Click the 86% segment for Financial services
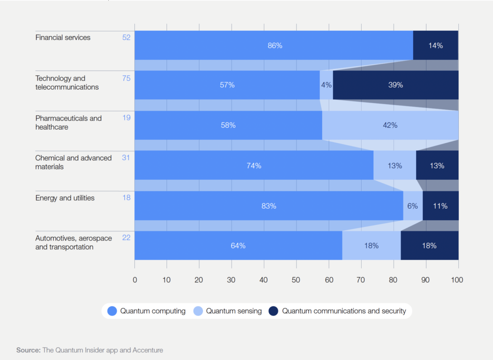point(274,45)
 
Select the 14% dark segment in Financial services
point(435,45)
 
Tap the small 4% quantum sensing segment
point(326,85)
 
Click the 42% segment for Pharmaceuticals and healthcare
point(390,125)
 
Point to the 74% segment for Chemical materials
point(254,165)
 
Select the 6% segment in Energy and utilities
point(413,206)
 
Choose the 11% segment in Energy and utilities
point(440,206)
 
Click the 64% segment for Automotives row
point(238,245)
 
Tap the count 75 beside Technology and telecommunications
point(126,78)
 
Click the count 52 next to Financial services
point(126,37)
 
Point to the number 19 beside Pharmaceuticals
point(126,118)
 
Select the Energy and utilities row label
point(65,198)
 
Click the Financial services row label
point(63,37)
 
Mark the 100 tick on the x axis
point(457,280)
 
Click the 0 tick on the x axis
point(135,280)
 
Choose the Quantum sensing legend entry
point(228,311)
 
